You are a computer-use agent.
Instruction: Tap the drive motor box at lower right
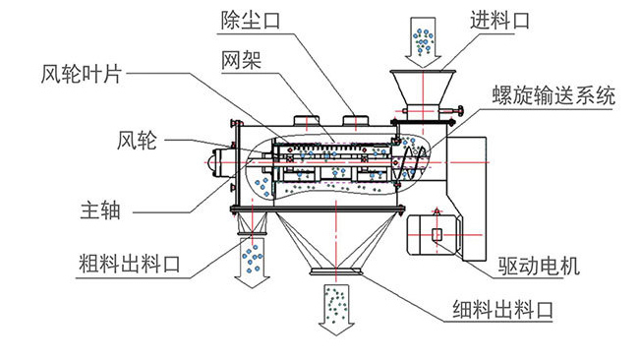[x=438, y=235]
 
